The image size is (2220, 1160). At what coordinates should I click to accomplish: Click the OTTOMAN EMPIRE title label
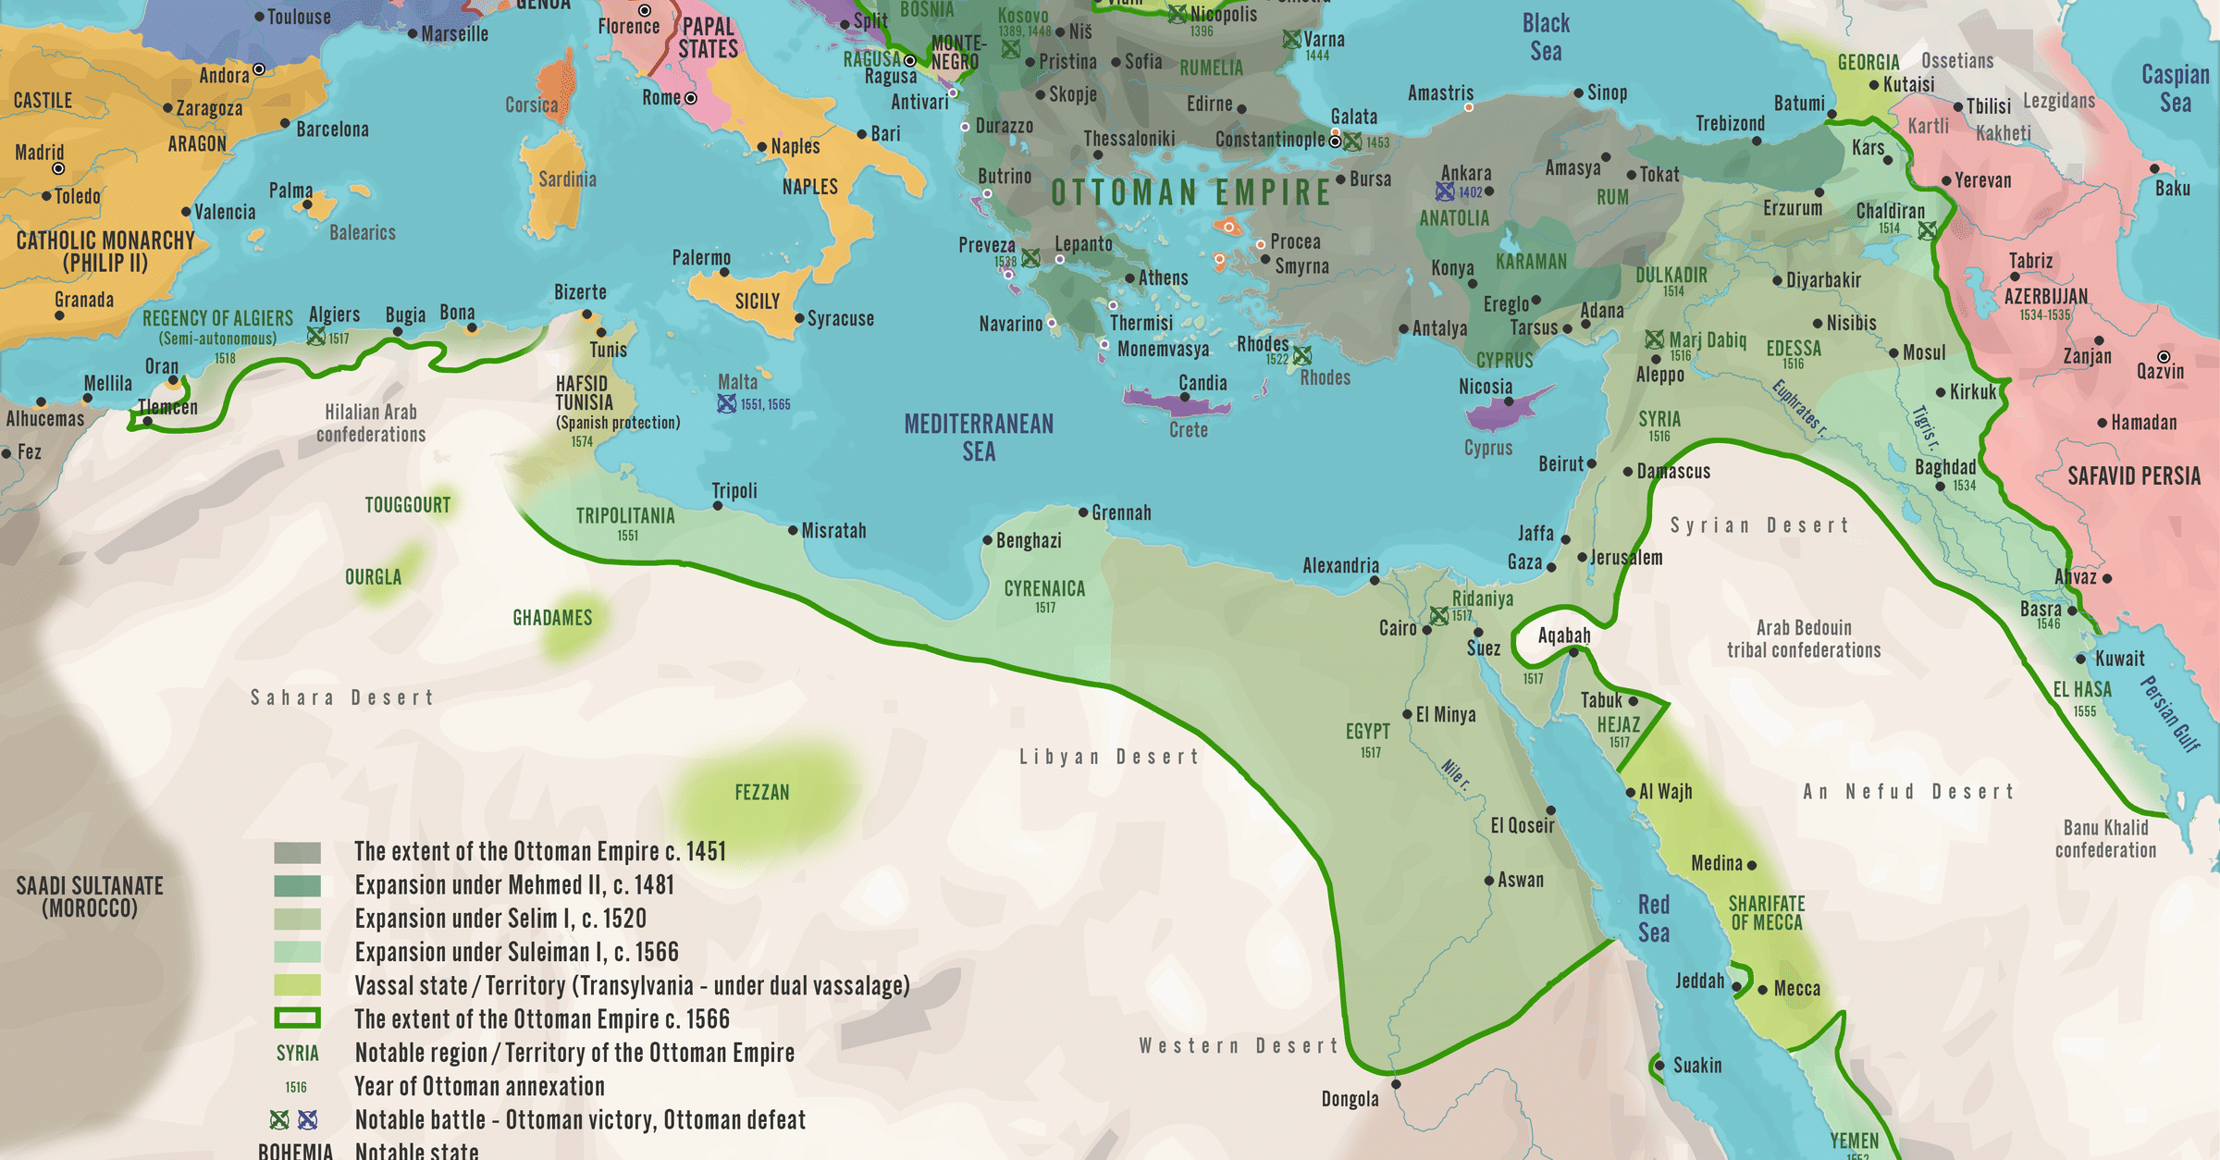pos(1190,192)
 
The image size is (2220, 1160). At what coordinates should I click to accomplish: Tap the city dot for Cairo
pos(1427,630)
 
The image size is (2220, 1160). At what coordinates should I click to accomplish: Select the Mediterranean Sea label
pos(979,438)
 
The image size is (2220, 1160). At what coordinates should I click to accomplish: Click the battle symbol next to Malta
pos(727,403)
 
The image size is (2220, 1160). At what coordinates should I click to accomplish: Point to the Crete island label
pos(1188,430)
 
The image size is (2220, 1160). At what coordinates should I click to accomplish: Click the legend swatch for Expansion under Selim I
pos(297,919)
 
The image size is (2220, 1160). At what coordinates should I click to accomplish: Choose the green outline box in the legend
pos(297,1019)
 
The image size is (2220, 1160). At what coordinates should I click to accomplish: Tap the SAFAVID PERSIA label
pos(2134,476)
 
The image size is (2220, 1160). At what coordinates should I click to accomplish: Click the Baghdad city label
pos(1944,467)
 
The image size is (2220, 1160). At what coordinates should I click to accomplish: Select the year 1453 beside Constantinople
pos(1377,142)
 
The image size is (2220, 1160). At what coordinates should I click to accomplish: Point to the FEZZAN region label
pos(761,793)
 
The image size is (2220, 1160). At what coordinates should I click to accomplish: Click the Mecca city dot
pos(1762,990)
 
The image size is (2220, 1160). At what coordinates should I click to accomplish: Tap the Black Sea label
pos(1546,37)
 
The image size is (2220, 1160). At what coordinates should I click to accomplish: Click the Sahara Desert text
pos(341,697)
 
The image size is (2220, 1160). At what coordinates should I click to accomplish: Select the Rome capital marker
pos(690,98)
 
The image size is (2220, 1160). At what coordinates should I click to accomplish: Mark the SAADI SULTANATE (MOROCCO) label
pos(90,896)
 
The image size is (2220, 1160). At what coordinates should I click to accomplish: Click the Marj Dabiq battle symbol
pos(1655,339)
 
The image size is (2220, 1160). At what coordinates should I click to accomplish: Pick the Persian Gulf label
pos(2169,713)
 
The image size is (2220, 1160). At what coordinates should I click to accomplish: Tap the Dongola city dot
pos(1396,1084)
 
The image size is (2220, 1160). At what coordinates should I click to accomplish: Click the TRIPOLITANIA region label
pos(625,516)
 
